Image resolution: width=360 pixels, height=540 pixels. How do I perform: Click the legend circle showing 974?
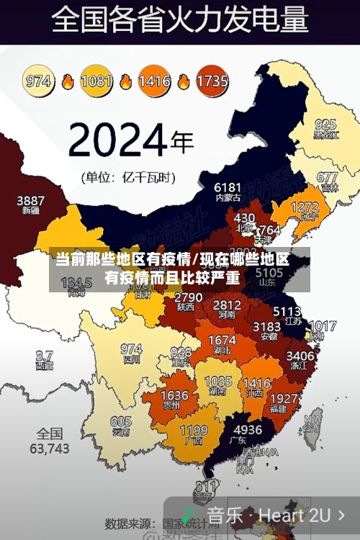tap(39, 81)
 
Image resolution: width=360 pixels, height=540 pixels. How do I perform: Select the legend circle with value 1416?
tap(154, 81)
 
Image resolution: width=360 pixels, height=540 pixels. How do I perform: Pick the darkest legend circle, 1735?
tap(211, 81)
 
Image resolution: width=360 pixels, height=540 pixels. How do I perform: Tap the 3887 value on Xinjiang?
tap(30, 201)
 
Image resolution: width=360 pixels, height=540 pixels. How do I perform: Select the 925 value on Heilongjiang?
tap(325, 125)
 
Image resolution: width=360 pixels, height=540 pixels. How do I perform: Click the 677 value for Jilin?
tap(327, 177)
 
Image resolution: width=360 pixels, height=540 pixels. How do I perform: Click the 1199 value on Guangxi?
tap(193, 431)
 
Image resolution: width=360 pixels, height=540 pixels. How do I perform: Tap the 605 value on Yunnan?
tap(121, 423)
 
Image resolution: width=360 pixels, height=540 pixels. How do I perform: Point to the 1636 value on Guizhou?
tap(174, 396)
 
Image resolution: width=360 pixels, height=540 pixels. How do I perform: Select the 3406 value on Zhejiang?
tap(300, 356)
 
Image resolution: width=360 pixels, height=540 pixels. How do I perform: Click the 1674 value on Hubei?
tap(221, 340)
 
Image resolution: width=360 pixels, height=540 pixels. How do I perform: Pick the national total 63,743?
tap(50, 441)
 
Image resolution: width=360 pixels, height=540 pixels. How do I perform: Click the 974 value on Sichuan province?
tap(131, 349)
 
